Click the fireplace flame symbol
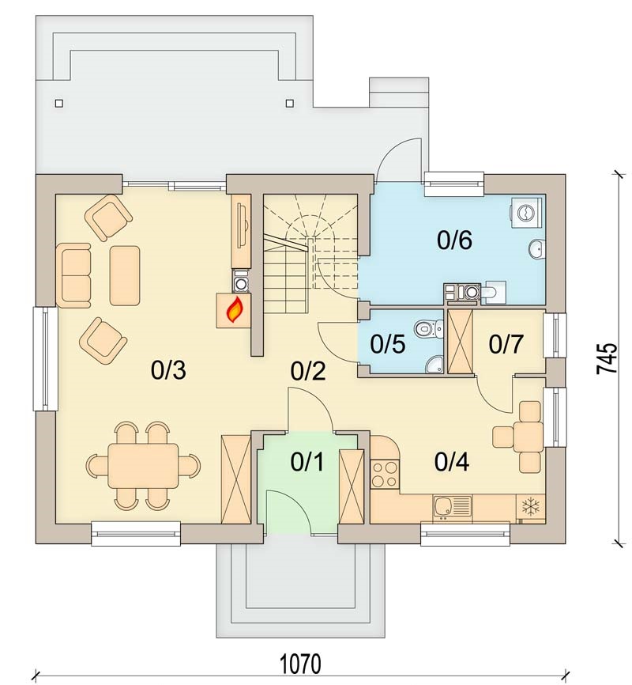[235, 310]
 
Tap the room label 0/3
[168, 370]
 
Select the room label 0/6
[454, 240]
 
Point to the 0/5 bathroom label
[388, 344]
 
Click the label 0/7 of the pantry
[506, 344]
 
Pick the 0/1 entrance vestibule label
[307, 462]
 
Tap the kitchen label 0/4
[452, 462]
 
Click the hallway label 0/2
[308, 371]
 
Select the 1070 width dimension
[300, 664]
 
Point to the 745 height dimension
[608, 358]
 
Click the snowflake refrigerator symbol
[531, 507]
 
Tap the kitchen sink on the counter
[452, 507]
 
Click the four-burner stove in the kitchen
[385, 475]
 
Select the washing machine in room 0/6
[526, 212]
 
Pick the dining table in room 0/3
[144, 466]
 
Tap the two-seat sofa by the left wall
[73, 275]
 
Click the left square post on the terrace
[59, 104]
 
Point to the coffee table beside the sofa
[125, 275]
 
